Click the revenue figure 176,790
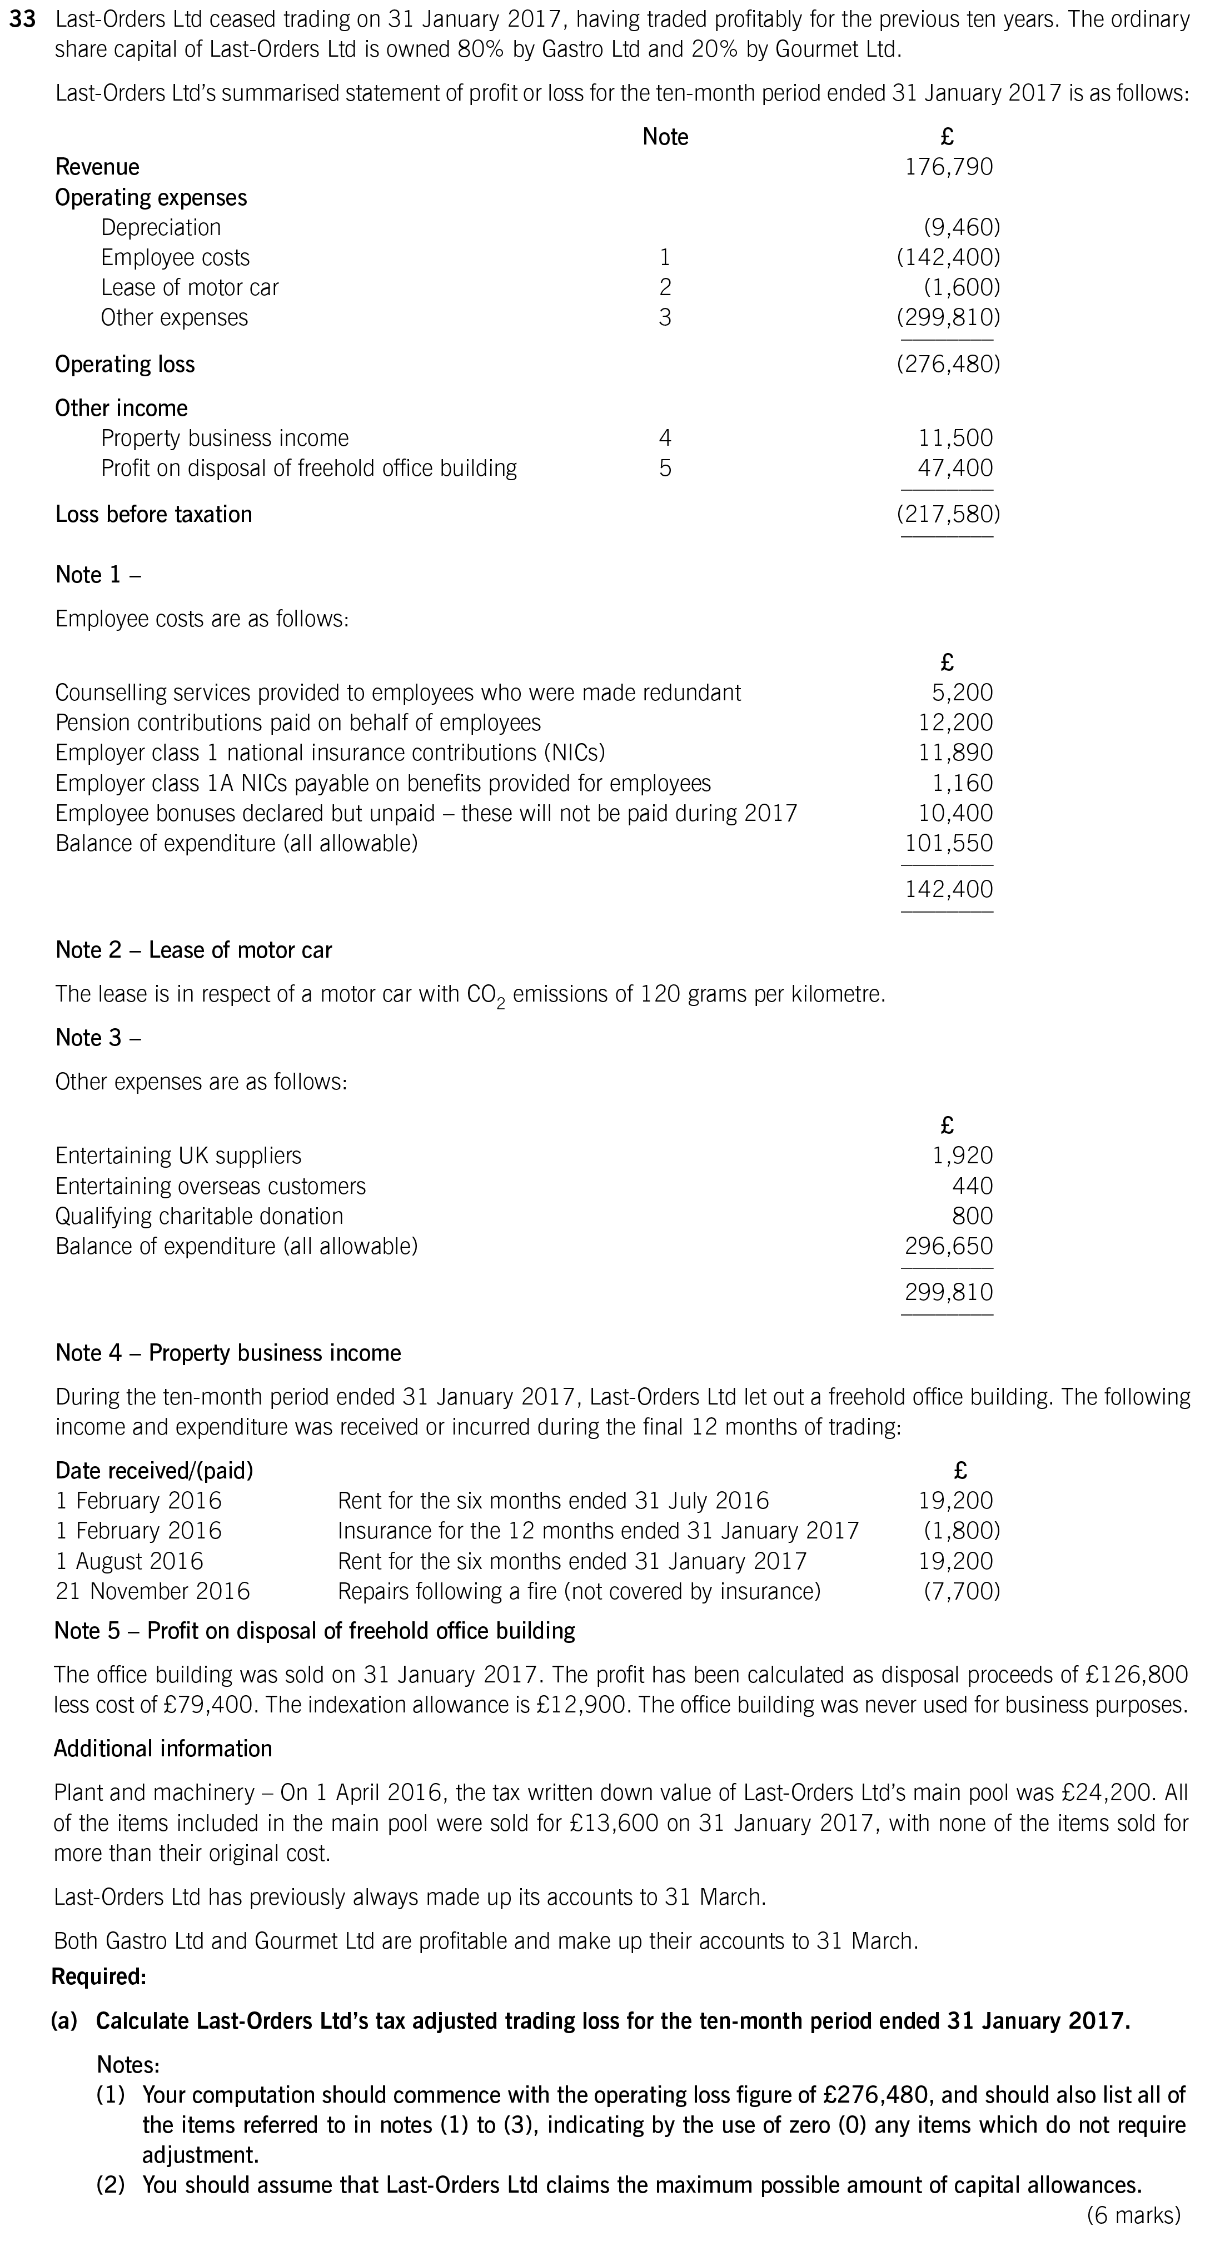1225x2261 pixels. point(949,167)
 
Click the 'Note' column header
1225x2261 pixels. point(665,137)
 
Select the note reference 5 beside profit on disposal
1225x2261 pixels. point(665,469)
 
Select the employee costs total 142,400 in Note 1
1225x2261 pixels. point(949,889)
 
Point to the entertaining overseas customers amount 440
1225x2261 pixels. point(972,1186)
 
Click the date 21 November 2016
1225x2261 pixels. point(153,1591)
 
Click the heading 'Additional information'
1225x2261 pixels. point(163,1749)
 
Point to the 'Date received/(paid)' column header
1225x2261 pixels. point(155,1470)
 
